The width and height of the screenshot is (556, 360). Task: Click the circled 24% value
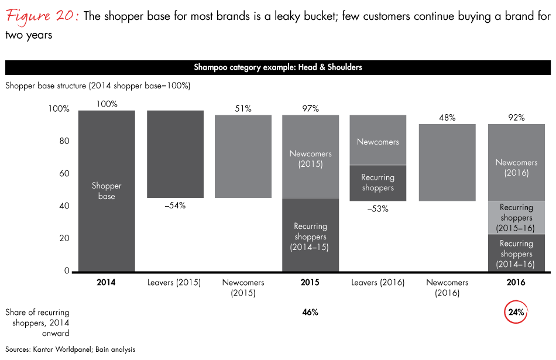pos(516,312)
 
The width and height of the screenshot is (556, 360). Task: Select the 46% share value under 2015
pos(310,312)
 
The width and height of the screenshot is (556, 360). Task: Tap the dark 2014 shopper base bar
pos(107,191)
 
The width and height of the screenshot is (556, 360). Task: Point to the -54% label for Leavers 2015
pos(175,205)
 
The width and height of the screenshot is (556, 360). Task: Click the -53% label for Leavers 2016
pos(377,208)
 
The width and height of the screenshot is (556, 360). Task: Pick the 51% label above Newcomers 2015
pos(243,108)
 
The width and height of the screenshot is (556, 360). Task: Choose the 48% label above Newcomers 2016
pos(447,117)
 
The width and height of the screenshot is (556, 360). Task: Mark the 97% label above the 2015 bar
pos(310,108)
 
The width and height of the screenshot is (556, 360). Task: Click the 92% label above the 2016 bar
pos(516,117)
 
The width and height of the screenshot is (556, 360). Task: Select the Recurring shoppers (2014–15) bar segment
pos(310,236)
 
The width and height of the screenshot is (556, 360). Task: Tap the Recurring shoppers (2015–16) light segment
pos(516,218)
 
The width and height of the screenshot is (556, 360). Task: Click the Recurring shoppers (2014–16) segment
pos(516,254)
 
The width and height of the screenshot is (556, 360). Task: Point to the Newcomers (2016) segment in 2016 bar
pos(516,167)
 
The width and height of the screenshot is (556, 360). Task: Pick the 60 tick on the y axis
pos(64,173)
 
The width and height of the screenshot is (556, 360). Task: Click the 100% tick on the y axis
pos(59,109)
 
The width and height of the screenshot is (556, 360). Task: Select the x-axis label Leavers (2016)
pos(377,283)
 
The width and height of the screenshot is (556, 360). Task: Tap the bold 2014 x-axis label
pos(107,283)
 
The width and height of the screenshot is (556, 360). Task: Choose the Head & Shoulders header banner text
pos(278,67)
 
